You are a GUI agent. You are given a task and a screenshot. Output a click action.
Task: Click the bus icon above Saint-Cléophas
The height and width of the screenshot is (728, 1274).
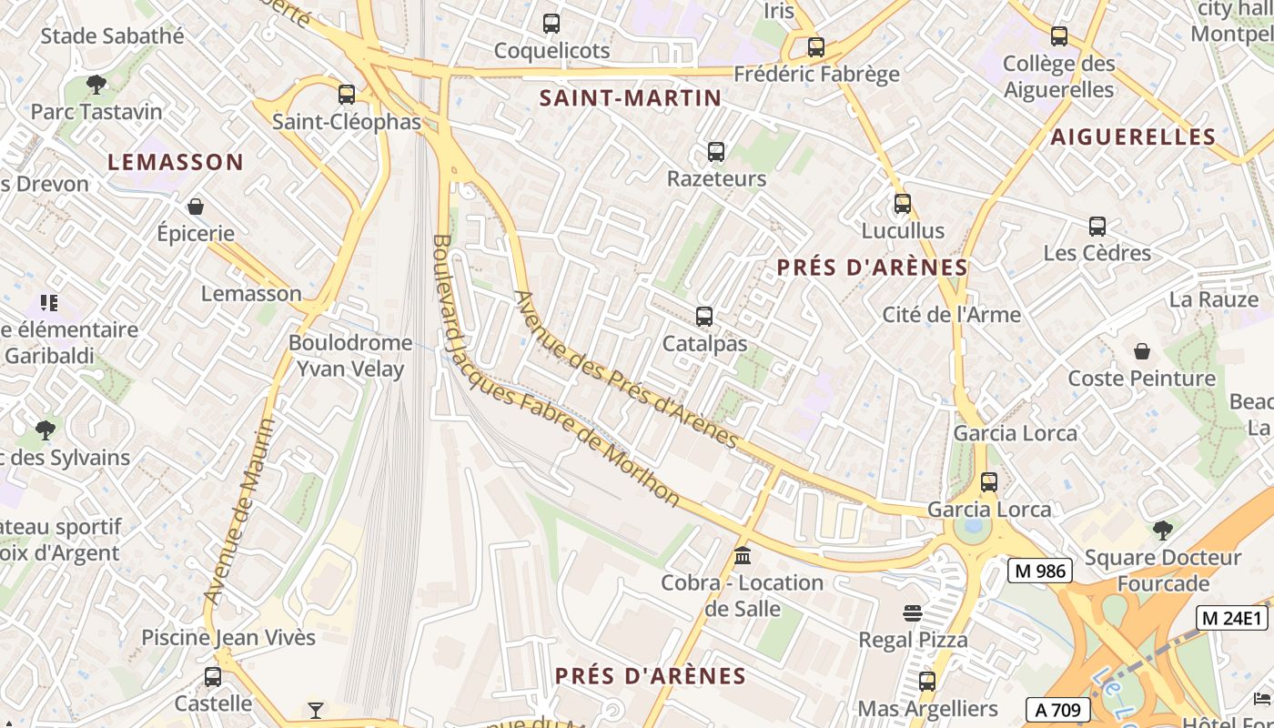[346, 94]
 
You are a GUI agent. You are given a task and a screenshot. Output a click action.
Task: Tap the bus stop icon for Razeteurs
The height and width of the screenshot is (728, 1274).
[716, 152]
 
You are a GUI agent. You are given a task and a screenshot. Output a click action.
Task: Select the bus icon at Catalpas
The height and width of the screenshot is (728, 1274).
[703, 317]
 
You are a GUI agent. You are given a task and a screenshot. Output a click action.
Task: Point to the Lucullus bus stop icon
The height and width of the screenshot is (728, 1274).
[902, 204]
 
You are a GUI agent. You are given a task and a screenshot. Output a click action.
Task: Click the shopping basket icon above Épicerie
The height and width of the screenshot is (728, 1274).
[195, 207]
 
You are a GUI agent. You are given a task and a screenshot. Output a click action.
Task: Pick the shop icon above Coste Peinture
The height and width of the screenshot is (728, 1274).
[1141, 351]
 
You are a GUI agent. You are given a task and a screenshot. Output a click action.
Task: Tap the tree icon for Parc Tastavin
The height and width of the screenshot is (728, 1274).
[96, 85]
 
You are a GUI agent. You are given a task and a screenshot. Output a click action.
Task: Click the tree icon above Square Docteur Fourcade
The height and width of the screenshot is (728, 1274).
[1162, 530]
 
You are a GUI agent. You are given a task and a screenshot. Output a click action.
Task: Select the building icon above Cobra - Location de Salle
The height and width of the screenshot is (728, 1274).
[743, 555]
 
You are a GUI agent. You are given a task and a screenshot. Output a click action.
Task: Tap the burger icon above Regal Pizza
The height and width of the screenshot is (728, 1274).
[913, 612]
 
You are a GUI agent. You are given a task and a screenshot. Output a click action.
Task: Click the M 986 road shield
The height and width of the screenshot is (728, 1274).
[1040, 571]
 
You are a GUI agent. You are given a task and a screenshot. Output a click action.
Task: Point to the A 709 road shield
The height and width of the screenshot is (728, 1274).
[1058, 710]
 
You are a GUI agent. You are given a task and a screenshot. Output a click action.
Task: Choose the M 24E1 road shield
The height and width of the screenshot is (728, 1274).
[1232, 618]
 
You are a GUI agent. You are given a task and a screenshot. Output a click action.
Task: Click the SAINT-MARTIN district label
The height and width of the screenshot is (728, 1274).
[631, 98]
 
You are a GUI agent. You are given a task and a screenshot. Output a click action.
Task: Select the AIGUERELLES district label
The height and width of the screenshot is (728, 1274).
[1133, 137]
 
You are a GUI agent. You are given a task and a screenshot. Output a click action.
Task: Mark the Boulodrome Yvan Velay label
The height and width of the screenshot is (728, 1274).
[349, 356]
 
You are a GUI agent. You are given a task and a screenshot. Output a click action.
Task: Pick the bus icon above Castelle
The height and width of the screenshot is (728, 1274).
[213, 677]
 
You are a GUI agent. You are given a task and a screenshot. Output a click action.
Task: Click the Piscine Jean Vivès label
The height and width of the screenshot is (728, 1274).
[228, 637]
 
